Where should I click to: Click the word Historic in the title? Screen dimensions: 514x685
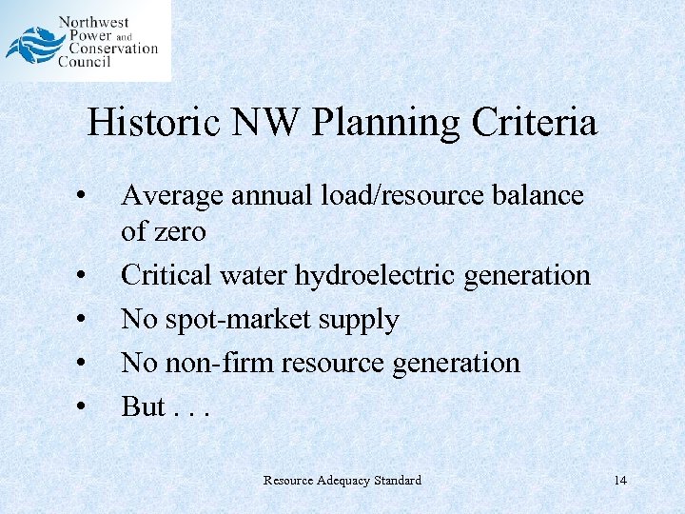[154, 123]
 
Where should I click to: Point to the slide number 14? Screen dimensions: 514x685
[620, 481]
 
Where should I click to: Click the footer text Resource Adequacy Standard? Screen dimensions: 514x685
[342, 481]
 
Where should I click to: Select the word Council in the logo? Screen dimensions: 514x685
[85, 62]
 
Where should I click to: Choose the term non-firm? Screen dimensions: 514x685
[212, 363]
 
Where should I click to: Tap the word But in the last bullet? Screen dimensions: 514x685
[143, 406]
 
